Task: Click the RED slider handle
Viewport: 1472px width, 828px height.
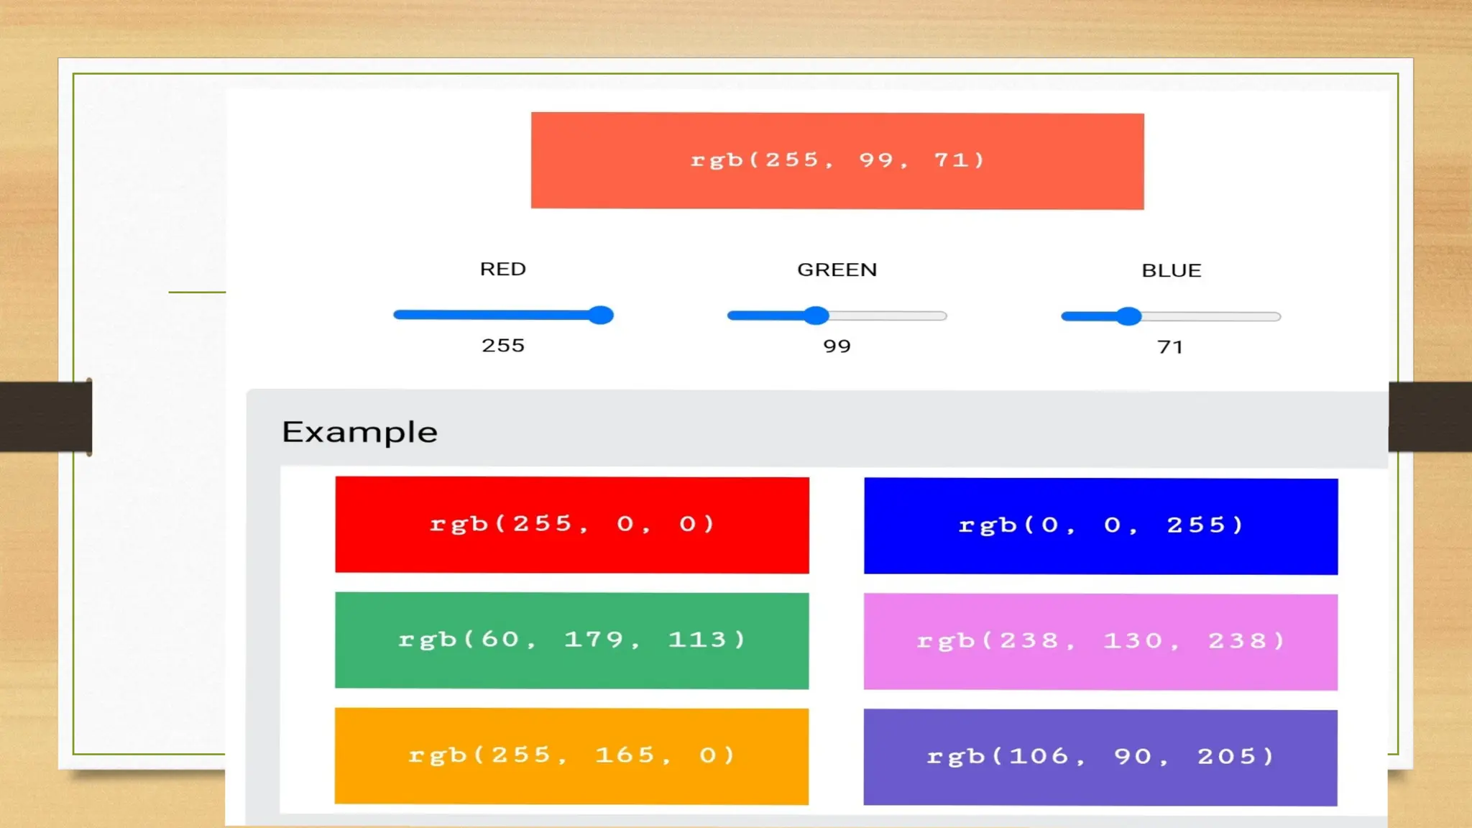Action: [600, 315]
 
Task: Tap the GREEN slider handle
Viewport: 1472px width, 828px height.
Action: [816, 316]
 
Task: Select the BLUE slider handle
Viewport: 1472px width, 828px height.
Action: [1129, 316]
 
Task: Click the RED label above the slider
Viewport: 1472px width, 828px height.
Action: [503, 269]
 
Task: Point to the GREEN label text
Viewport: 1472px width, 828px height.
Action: [837, 270]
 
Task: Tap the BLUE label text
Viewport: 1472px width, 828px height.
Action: [1171, 270]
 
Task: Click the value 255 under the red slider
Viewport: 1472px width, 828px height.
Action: [503, 346]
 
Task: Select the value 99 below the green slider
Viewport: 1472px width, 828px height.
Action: [837, 346]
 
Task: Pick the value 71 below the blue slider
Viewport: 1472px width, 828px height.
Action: [1170, 347]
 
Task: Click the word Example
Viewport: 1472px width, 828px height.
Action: [359, 432]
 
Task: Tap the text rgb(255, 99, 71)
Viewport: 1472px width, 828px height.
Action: [837, 160]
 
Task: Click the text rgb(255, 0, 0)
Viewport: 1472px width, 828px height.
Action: [572, 524]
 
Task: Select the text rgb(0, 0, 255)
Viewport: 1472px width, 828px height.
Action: [1100, 525]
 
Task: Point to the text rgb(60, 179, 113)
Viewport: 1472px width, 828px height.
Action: [572, 640]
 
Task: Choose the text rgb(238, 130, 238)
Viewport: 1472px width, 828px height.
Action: [1100, 641]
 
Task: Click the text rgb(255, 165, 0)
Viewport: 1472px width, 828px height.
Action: [572, 755]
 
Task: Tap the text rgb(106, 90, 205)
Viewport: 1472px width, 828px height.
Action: [1100, 757]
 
